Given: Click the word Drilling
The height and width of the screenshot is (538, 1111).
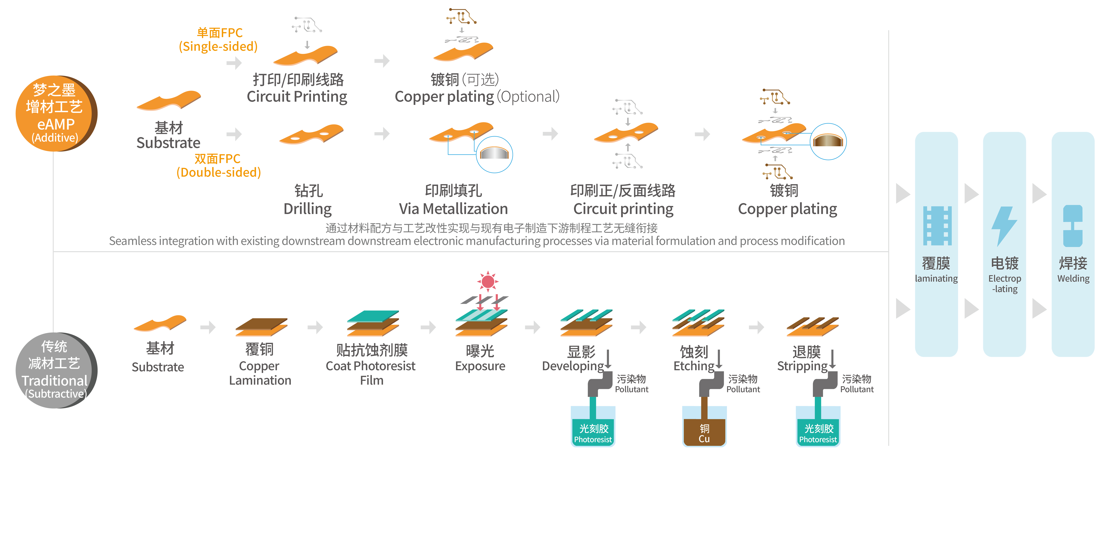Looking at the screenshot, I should click(308, 209).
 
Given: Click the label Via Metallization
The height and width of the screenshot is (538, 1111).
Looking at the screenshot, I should click(453, 209).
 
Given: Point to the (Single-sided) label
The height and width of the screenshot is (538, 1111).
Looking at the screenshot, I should click(218, 47).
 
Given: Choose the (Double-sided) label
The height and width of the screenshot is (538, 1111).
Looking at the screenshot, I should click(219, 172).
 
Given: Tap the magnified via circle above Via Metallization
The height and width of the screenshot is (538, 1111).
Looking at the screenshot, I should click(494, 154).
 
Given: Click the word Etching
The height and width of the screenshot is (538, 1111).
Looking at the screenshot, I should click(694, 366).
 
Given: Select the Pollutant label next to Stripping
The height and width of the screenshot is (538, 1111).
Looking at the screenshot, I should click(856, 389).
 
